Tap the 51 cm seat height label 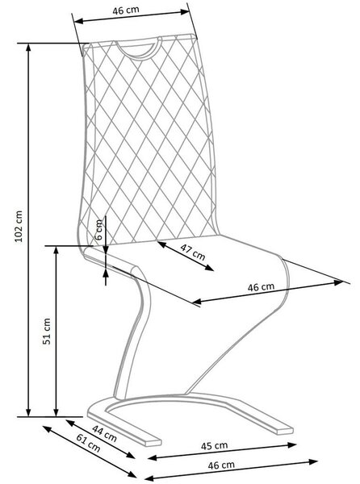(x=46, y=332)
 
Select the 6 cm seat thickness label (x=98, y=230)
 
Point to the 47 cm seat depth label (x=192, y=252)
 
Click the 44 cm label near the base (x=104, y=433)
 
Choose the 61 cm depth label (x=88, y=443)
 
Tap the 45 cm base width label (x=214, y=446)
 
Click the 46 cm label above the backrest (x=126, y=10)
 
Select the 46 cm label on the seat (x=261, y=287)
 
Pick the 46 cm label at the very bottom (x=221, y=465)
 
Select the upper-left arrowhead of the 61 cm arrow (x=47, y=428)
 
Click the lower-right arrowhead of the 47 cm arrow (x=210, y=268)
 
